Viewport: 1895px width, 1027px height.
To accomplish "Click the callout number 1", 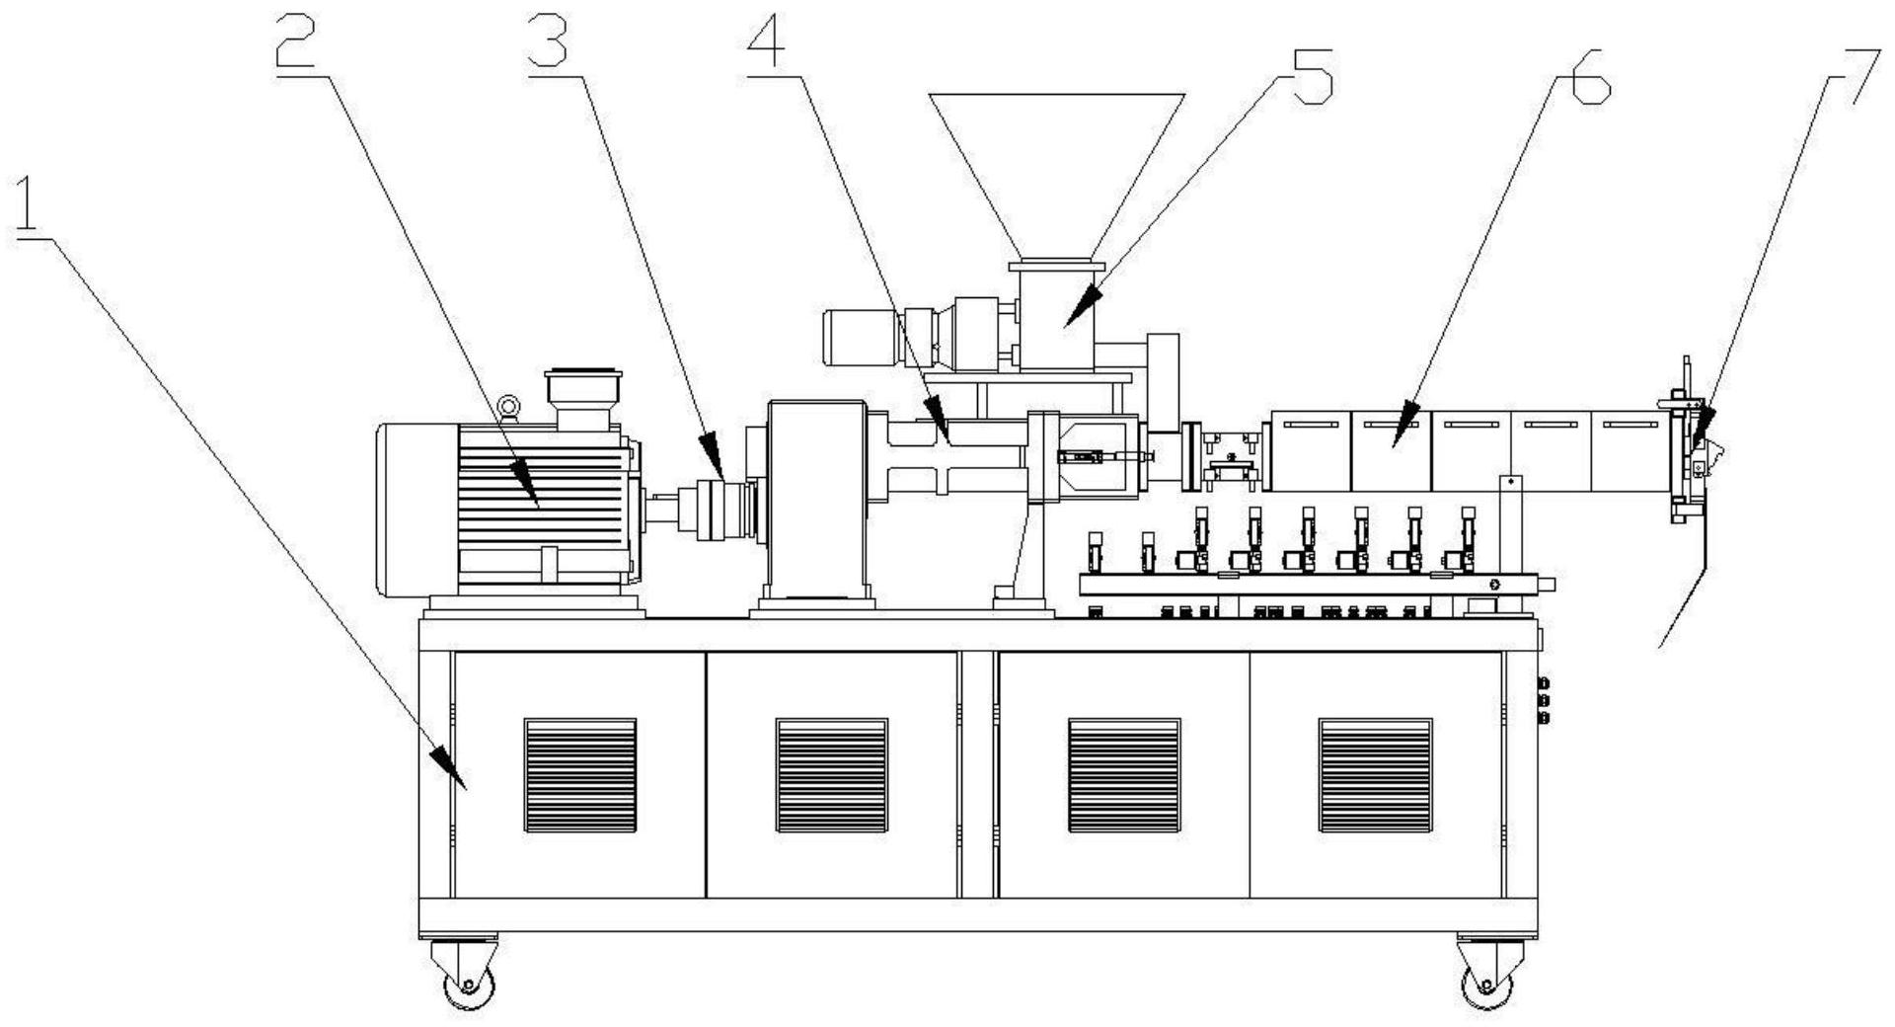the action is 32,206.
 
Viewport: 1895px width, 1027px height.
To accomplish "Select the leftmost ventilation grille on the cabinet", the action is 580,775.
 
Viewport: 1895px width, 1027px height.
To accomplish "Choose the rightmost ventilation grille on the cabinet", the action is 1376,775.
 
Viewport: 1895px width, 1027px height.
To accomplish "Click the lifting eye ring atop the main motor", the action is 509,406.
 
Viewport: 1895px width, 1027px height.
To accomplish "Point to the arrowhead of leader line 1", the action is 449,766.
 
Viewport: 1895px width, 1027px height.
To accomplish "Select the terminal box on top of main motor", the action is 584,400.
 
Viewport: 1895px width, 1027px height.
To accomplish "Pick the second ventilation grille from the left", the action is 832,775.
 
